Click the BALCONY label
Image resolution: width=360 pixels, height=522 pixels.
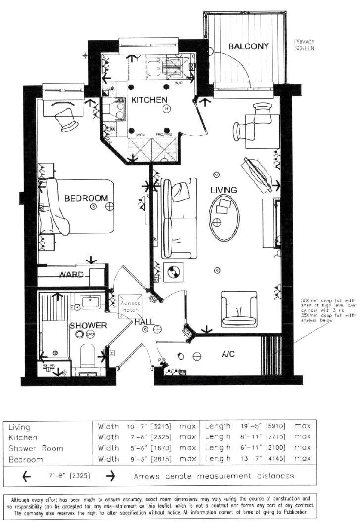(248, 46)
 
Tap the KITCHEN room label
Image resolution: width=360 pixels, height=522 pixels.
(149, 100)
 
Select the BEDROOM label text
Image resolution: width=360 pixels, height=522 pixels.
(86, 198)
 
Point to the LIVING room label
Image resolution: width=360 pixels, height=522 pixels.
(224, 190)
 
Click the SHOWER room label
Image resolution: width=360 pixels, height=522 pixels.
(88, 325)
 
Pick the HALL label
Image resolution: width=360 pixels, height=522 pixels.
(144, 322)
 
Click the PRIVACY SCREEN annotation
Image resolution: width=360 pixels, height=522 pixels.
(304, 45)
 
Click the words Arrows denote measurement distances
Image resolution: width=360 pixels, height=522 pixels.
(214, 476)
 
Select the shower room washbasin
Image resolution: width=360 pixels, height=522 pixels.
(90, 302)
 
